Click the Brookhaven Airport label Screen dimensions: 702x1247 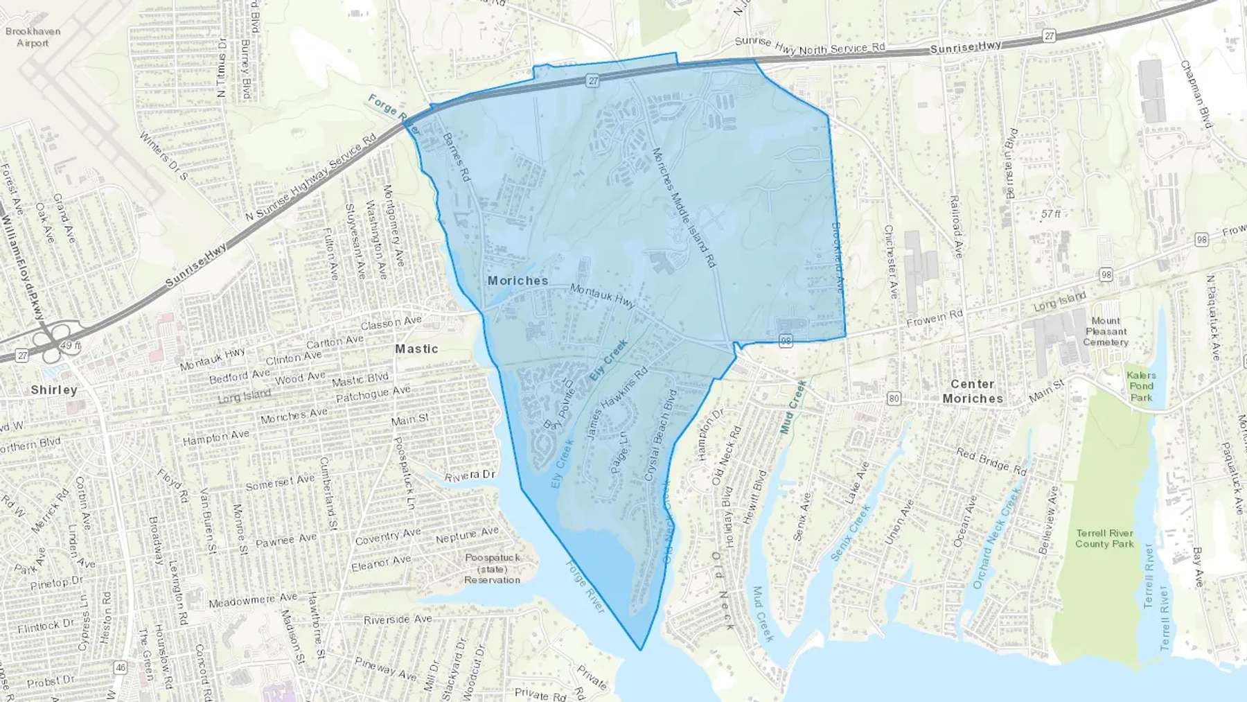pos(33,37)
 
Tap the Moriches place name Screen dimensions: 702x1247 pos(518,281)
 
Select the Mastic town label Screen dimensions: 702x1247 pos(416,349)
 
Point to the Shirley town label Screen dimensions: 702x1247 pos(54,390)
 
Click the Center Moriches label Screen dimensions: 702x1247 pos(973,392)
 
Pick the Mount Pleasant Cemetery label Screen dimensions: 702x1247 pos(1106,332)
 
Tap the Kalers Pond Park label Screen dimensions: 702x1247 pos(1141,387)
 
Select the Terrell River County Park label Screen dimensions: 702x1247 pos(1104,538)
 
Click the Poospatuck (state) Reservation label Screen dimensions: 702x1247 pos(492,569)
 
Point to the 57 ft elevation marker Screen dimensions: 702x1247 pos(1050,214)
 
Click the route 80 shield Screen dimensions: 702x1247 pos(894,398)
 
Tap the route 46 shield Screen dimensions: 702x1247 pos(121,668)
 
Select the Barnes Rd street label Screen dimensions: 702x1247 pos(457,157)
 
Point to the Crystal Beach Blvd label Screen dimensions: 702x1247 pos(660,435)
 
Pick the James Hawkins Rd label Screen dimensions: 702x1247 pos(617,403)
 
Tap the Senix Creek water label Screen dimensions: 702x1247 pos(850,532)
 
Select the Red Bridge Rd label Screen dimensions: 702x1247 pos(991,462)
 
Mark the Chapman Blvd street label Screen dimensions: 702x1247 pos(1196,94)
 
